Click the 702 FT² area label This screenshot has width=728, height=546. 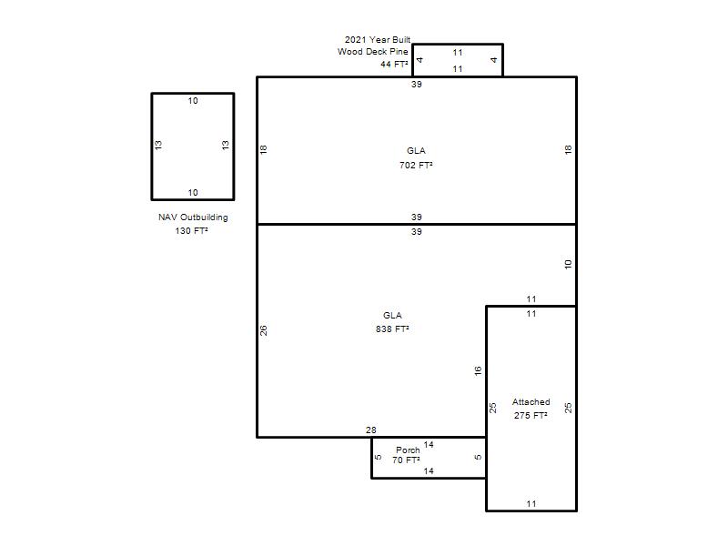coord(416,165)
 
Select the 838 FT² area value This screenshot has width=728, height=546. coord(392,329)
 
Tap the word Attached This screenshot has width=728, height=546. coord(531,401)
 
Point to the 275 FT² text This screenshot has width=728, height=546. coord(531,415)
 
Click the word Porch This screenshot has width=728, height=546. coord(408,450)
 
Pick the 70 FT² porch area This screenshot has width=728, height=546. coord(406,460)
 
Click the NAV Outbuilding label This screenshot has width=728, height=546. coord(193,217)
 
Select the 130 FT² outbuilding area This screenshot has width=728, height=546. coord(191,230)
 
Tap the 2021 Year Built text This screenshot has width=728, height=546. coord(378,39)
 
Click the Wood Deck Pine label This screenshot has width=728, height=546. coord(373,52)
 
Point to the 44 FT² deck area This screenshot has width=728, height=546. coord(394,64)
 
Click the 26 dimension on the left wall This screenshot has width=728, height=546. coord(263,330)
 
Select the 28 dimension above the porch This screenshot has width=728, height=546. coord(371,430)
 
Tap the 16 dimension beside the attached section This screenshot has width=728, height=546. coord(478,370)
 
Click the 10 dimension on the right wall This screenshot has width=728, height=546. coord(568,264)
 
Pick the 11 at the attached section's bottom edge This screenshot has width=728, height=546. coord(531,503)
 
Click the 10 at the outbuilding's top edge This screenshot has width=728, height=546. coord(193,100)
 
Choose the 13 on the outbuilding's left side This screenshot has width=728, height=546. coord(158,145)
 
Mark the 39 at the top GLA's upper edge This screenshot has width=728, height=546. coord(417,84)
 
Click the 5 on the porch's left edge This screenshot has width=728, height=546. coord(379,457)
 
